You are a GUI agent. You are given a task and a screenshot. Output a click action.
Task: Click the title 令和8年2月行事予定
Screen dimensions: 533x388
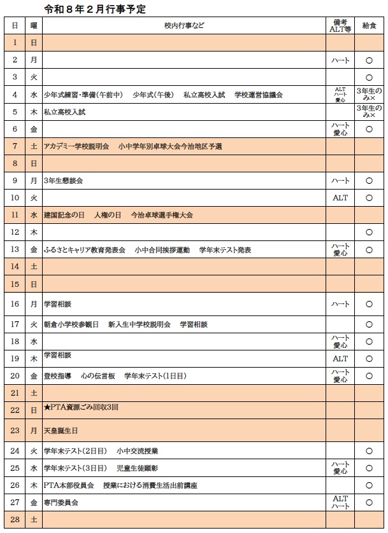click(x=95, y=9)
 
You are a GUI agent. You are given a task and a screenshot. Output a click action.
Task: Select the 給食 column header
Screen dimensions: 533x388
click(x=369, y=25)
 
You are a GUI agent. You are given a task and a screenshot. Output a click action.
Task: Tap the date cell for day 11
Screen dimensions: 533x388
click(x=15, y=215)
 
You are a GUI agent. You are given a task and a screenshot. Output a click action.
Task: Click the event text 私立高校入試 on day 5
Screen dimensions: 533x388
click(x=64, y=111)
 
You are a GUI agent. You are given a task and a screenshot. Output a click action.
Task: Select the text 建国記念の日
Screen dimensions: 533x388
click(x=64, y=215)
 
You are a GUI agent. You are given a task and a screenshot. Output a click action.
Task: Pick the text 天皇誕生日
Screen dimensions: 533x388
click(x=61, y=431)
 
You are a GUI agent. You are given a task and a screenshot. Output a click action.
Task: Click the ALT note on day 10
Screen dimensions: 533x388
click(x=341, y=198)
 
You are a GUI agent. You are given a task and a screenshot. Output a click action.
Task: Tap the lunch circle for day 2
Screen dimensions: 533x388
click(x=369, y=60)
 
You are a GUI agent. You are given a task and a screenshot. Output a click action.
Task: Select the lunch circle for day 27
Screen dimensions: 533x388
click(x=369, y=502)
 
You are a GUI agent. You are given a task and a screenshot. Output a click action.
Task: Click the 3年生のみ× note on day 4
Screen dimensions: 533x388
click(x=369, y=95)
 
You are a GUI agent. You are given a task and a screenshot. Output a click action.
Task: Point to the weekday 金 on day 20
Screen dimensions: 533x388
click(x=34, y=376)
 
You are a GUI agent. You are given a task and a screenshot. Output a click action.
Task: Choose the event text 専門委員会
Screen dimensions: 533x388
click(x=61, y=502)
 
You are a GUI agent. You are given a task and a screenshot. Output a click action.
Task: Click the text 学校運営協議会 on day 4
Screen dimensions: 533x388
click(x=258, y=95)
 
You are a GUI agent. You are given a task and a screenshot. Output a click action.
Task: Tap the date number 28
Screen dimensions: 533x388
click(x=15, y=520)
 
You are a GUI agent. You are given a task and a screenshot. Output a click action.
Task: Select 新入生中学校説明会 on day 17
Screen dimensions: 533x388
click(x=140, y=324)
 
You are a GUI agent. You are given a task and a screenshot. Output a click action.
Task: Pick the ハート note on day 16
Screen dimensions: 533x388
click(x=341, y=304)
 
